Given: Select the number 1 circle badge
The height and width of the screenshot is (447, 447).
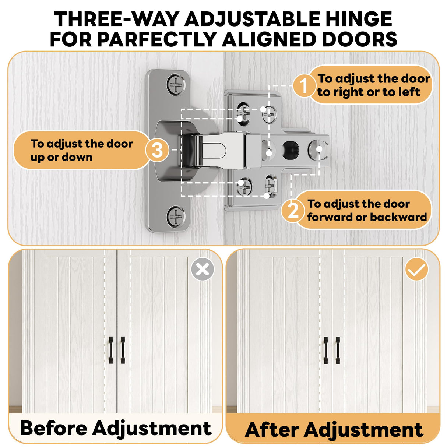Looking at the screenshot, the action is point(304,85).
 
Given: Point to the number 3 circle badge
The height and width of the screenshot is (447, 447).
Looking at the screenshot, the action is point(158,150).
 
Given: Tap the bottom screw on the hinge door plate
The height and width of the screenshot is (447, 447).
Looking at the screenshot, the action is point(176,216).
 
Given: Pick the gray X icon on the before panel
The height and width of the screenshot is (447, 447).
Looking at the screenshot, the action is point(203,269).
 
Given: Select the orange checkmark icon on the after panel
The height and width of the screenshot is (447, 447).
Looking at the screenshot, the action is point(416,269).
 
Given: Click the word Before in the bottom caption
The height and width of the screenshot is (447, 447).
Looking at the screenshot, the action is point(54,422).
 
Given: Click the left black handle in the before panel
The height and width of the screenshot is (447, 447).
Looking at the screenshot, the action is point(111,350).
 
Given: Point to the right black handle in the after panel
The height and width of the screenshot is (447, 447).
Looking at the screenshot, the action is point(338,350).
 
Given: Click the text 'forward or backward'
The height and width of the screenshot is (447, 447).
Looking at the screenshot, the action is point(367,217).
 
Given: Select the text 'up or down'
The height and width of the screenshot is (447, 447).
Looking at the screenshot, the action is point(61,158).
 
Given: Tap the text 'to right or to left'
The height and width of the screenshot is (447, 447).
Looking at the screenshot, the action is point(369,92).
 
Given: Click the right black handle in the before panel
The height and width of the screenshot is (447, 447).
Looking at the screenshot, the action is point(123,350).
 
